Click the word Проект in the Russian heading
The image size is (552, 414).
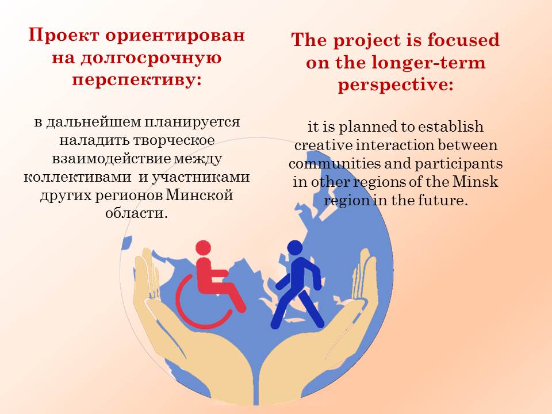click(x=64, y=36)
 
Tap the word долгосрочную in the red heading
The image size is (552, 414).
click(x=151, y=58)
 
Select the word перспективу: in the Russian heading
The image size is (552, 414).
click(x=137, y=80)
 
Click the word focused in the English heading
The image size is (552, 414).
click(x=463, y=40)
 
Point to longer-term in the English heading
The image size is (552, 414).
click(x=428, y=63)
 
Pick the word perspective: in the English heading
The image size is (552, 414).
click(x=396, y=86)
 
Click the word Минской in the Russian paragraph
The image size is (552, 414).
click(x=200, y=195)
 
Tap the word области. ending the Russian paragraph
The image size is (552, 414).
click(x=136, y=213)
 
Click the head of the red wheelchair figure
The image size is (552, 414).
click(x=203, y=248)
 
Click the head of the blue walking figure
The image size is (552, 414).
click(x=295, y=247)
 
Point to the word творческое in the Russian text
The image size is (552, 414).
click(x=174, y=140)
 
